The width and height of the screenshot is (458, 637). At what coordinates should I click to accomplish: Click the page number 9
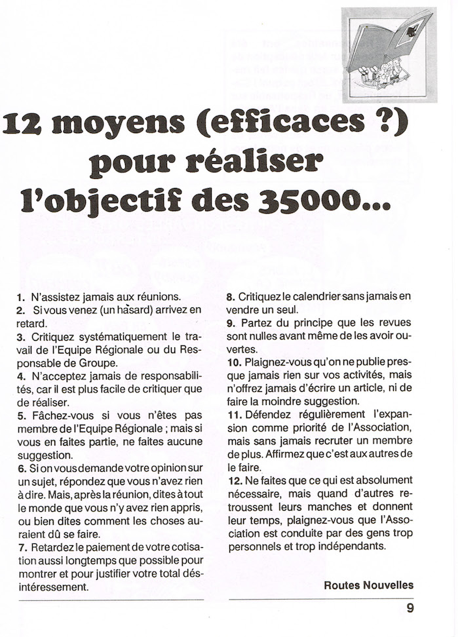[410, 608]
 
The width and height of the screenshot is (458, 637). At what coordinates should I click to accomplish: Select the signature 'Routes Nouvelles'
[369, 585]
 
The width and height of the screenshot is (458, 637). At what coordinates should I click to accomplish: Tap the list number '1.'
[21, 298]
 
